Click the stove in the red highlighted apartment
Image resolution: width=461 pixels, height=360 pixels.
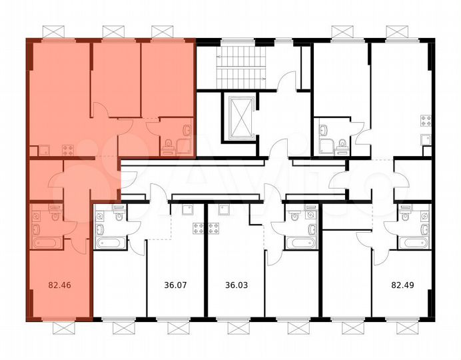tap(67, 149)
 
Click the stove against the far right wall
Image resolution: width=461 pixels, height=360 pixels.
tap(424, 121)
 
